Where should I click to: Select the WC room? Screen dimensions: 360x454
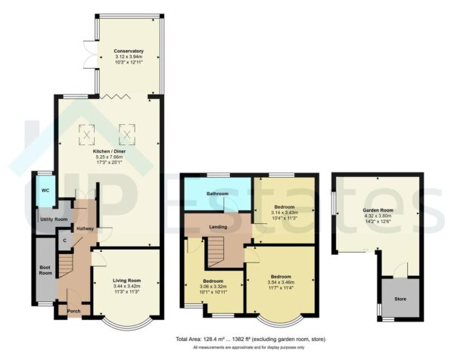pyautogui.click(x=45, y=190)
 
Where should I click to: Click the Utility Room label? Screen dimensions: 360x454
pyautogui.click(x=54, y=219)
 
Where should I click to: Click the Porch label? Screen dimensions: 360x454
pyautogui.click(x=73, y=312)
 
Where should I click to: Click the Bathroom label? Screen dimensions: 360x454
pyautogui.click(x=206, y=194)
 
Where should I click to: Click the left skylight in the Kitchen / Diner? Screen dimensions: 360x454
pyautogui.click(x=87, y=135)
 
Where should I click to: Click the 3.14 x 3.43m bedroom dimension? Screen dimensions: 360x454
pyautogui.click(x=285, y=213)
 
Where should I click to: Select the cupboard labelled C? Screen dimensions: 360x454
pyautogui.click(x=66, y=241)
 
